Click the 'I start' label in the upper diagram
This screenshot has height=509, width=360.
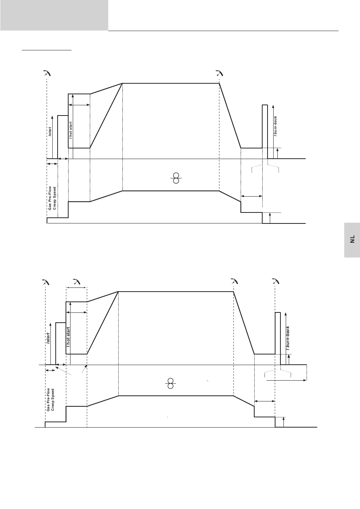[50, 131]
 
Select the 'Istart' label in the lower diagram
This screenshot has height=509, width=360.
[48, 338]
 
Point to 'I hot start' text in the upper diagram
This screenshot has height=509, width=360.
[70, 130]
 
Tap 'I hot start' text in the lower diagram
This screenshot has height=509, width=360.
[68, 337]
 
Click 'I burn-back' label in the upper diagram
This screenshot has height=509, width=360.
[275, 126]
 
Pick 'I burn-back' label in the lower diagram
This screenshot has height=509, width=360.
[288, 338]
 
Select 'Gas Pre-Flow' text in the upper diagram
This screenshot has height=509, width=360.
[50, 198]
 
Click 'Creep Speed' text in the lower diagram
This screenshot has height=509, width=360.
[53, 400]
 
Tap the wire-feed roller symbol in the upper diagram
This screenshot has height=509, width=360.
[176, 178]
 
